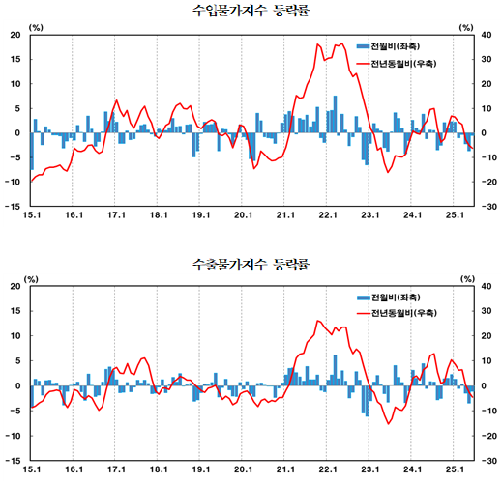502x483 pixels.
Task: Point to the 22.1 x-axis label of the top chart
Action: (327, 215)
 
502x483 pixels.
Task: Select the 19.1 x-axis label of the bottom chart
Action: (200, 469)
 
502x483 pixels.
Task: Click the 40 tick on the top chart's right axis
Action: (491, 35)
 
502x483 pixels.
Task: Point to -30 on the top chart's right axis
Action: (489, 206)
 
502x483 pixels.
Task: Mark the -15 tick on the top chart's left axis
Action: (14, 206)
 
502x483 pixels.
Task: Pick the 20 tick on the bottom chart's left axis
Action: (15, 287)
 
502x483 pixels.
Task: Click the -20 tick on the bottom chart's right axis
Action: (489, 435)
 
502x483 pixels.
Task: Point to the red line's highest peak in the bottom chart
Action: (319, 321)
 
